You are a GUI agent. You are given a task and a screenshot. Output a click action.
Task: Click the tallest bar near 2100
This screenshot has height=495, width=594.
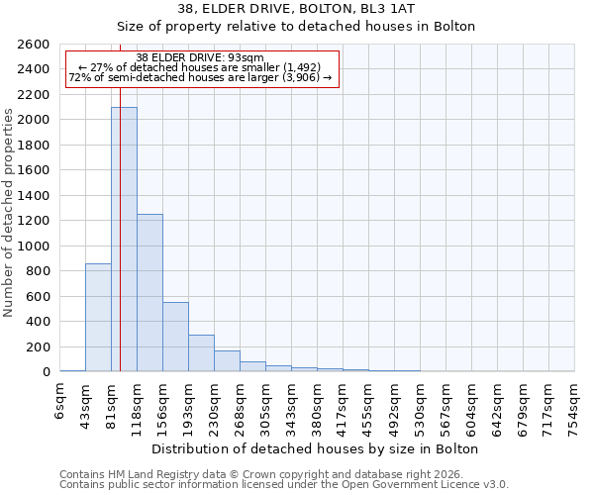point(124,239)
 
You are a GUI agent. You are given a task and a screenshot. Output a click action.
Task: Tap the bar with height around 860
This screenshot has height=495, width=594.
point(98,317)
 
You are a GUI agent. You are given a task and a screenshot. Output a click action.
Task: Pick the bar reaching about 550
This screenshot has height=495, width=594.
point(175,337)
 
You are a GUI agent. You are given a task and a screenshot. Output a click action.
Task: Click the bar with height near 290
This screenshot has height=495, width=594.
point(201,352)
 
